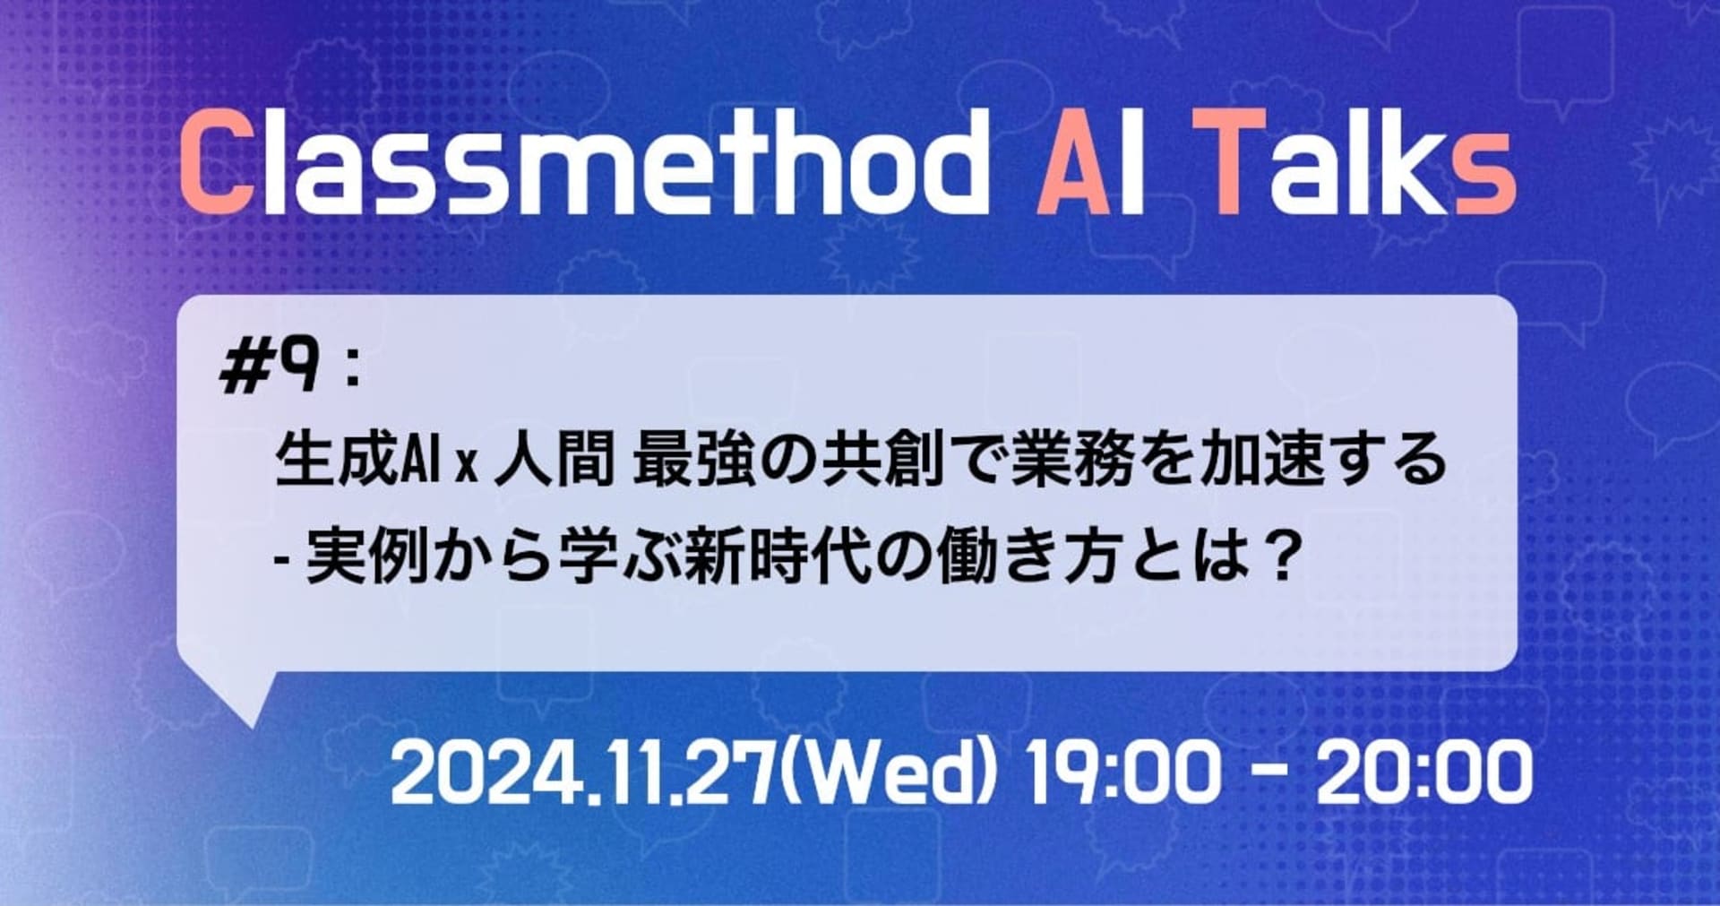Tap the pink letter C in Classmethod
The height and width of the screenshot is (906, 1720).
click(216, 166)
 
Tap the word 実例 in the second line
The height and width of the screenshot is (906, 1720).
click(366, 557)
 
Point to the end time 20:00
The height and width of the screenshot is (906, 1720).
click(1423, 772)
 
